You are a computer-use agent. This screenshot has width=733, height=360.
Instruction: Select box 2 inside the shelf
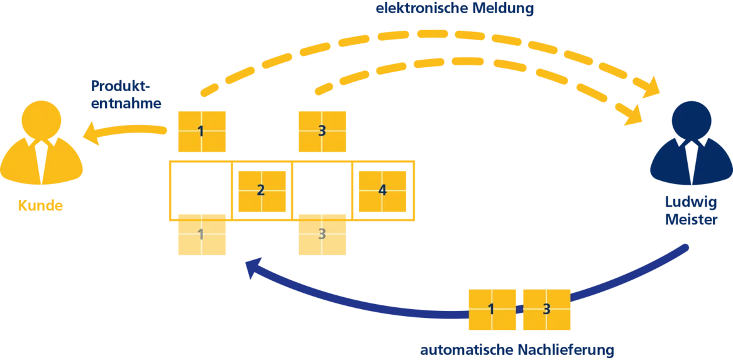(261, 190)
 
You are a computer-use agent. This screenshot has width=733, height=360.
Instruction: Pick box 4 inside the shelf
(382, 190)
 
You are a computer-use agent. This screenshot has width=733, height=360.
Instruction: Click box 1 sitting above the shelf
(201, 132)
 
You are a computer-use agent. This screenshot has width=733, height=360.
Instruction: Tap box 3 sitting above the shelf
(321, 132)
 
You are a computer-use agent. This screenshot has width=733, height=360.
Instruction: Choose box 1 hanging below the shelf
(201, 234)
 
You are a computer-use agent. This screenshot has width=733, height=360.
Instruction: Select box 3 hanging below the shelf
(321, 234)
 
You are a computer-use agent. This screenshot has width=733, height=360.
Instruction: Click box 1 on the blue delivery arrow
(492, 309)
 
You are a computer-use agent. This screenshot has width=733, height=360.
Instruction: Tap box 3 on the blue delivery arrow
(546, 309)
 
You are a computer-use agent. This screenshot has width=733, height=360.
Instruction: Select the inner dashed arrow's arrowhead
(637, 117)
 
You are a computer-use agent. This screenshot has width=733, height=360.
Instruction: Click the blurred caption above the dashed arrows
(453, 9)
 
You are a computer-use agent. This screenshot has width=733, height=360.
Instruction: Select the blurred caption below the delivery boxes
(517, 349)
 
